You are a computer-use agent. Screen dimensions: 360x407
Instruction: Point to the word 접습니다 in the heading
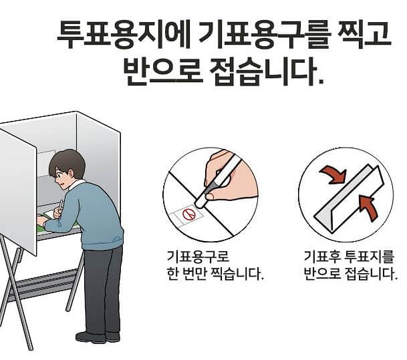(x=267, y=73)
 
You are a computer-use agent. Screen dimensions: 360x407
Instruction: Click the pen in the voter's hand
(x=60, y=207)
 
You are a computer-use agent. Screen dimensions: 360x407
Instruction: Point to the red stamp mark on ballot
(x=189, y=215)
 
